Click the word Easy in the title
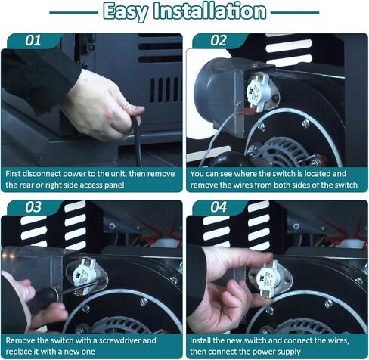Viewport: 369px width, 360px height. tap(126, 11)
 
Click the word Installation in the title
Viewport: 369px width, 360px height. tap(210, 11)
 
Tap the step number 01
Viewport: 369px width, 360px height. tap(33, 40)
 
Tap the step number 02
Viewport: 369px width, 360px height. tap(219, 40)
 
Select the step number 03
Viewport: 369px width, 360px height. tap(33, 207)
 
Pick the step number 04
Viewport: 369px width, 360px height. tap(219, 207)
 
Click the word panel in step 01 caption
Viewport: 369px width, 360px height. tap(114, 185)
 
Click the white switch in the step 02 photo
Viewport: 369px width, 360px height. tap(256, 92)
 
